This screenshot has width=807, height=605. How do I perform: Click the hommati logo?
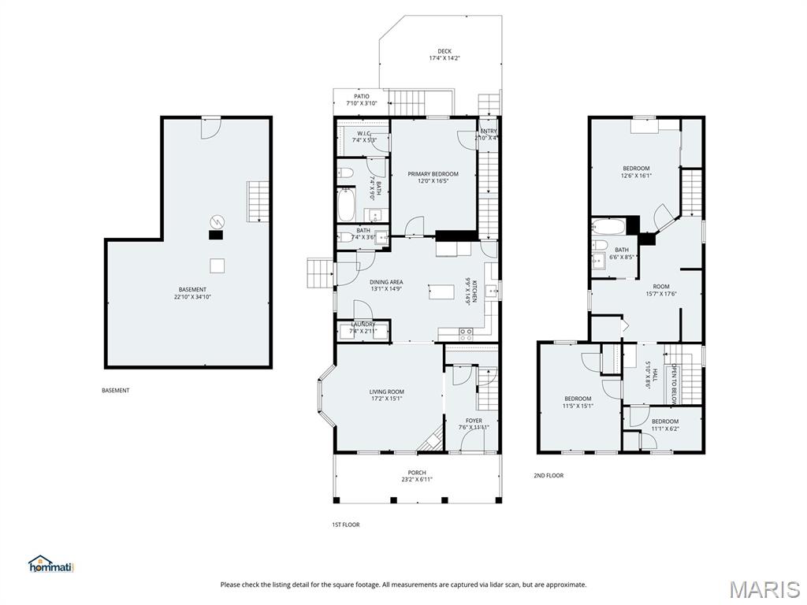(50, 564)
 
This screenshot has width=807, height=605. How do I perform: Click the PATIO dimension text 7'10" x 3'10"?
(361, 103)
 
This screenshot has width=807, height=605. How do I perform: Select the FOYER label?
(474, 421)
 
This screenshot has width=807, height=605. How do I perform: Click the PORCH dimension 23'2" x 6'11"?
(417, 479)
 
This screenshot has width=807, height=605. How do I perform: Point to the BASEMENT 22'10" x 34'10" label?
(192, 293)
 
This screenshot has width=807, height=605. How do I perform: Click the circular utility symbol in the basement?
(216, 221)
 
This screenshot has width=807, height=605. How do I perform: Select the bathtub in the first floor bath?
(348, 205)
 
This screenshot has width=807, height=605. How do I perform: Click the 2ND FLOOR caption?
(549, 475)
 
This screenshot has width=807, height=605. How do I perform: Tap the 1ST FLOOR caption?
(345, 524)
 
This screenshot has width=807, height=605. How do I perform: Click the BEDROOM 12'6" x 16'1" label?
(636, 172)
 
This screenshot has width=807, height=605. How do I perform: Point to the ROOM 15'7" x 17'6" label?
(660, 290)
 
